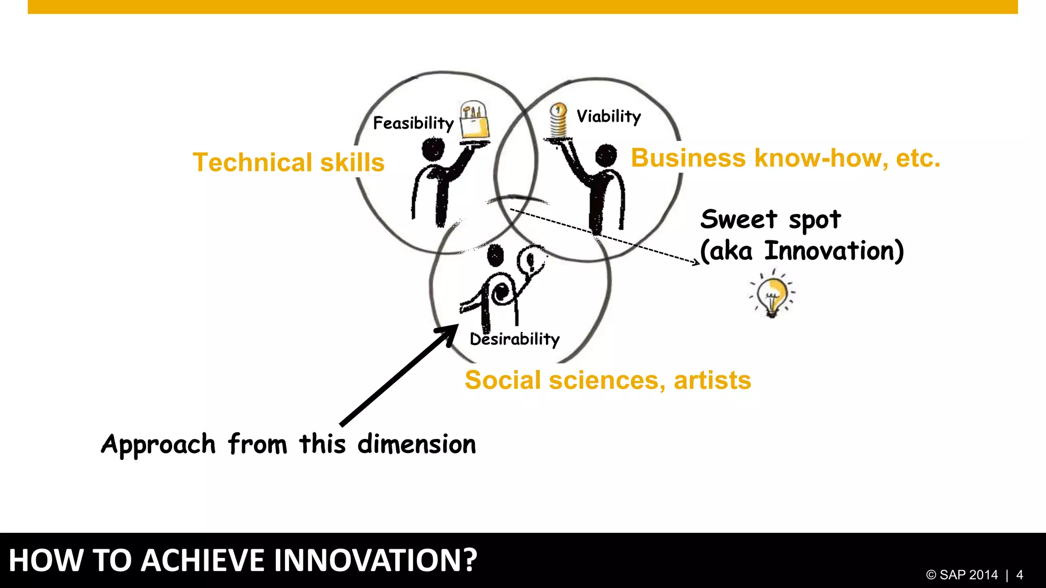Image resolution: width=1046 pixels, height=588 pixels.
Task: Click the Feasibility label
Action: (x=413, y=123)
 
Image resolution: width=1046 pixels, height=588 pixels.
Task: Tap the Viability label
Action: (x=608, y=116)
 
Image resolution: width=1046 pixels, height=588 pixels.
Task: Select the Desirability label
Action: (x=514, y=339)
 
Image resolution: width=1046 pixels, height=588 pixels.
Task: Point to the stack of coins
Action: (x=558, y=121)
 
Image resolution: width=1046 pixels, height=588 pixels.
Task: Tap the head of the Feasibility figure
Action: (x=433, y=150)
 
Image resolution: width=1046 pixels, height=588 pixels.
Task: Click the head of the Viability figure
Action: (x=606, y=155)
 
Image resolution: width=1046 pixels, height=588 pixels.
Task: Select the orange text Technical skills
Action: (x=289, y=162)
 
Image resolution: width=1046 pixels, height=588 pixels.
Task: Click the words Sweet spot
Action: (x=770, y=219)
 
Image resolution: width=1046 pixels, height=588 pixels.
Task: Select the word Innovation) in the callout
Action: (x=834, y=251)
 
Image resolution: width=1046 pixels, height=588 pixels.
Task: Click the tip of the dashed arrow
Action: (x=699, y=263)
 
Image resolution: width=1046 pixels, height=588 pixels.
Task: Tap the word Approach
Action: (x=158, y=444)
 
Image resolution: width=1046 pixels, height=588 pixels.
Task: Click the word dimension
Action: (x=416, y=444)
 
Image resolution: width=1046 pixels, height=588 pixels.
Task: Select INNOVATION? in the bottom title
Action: (x=375, y=560)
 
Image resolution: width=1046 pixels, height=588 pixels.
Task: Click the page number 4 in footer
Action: (x=1019, y=575)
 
